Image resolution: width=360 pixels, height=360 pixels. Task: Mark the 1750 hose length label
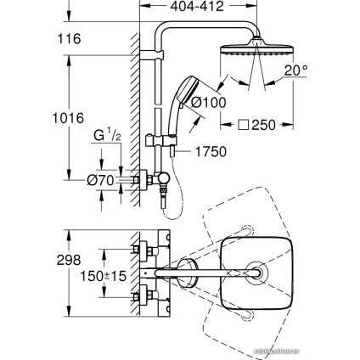[x=216, y=156]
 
